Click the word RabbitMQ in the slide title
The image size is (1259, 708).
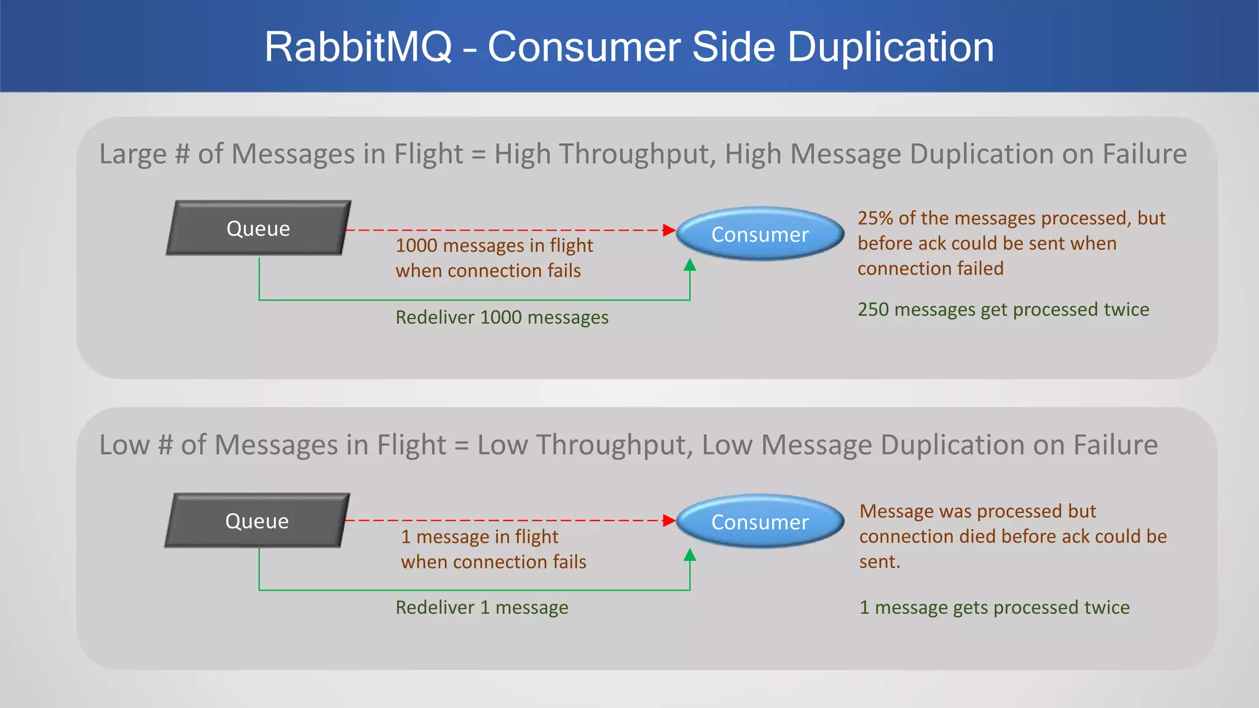pyautogui.click(x=358, y=47)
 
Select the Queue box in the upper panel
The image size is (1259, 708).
pyautogui.click(x=258, y=228)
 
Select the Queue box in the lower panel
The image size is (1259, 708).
pyautogui.click(x=257, y=521)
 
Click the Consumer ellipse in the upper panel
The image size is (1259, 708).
pyautogui.click(x=760, y=234)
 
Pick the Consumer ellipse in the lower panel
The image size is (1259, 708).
pyautogui.click(x=760, y=522)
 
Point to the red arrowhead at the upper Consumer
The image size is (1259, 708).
pyautogui.click(x=669, y=230)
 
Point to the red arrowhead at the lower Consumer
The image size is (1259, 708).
pyautogui.click(x=669, y=521)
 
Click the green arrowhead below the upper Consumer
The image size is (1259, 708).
pyautogui.click(x=690, y=265)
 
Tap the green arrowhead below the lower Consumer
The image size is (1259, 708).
pyautogui.click(x=690, y=555)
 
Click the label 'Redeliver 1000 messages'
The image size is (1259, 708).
pyautogui.click(x=502, y=317)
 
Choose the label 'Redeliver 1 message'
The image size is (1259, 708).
pyautogui.click(x=481, y=607)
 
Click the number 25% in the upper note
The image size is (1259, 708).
pyautogui.click(x=875, y=218)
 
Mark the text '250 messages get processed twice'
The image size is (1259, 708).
pyautogui.click(x=1003, y=309)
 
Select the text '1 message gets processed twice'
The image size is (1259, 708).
pyautogui.click(x=994, y=607)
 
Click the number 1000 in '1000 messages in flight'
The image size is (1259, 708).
pyautogui.click(x=416, y=245)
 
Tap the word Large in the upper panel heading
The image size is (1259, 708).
pyautogui.click(x=132, y=154)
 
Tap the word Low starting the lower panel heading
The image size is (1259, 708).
pyautogui.click(x=124, y=444)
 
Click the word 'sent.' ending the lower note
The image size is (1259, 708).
pyautogui.click(x=879, y=562)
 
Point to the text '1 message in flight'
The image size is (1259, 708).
pyautogui.click(x=480, y=537)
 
